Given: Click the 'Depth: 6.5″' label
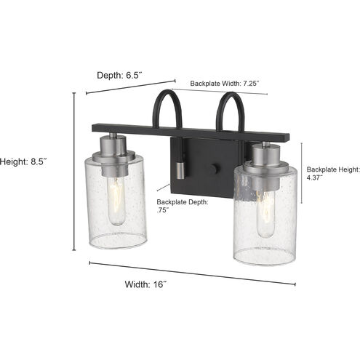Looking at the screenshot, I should [123, 74].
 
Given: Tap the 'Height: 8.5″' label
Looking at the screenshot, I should [28, 162].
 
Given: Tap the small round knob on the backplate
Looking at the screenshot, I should [214, 169].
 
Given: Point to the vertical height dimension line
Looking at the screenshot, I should [74, 170].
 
